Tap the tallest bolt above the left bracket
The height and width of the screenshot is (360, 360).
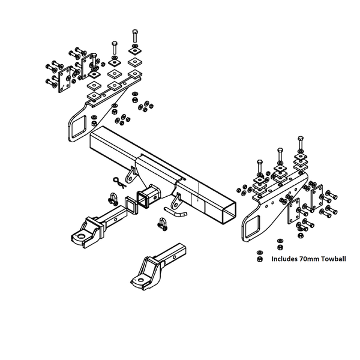coord(134,37)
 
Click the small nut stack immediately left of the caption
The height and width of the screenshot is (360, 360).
coord(259,256)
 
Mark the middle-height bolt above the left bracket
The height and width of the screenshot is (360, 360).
coord(113,46)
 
